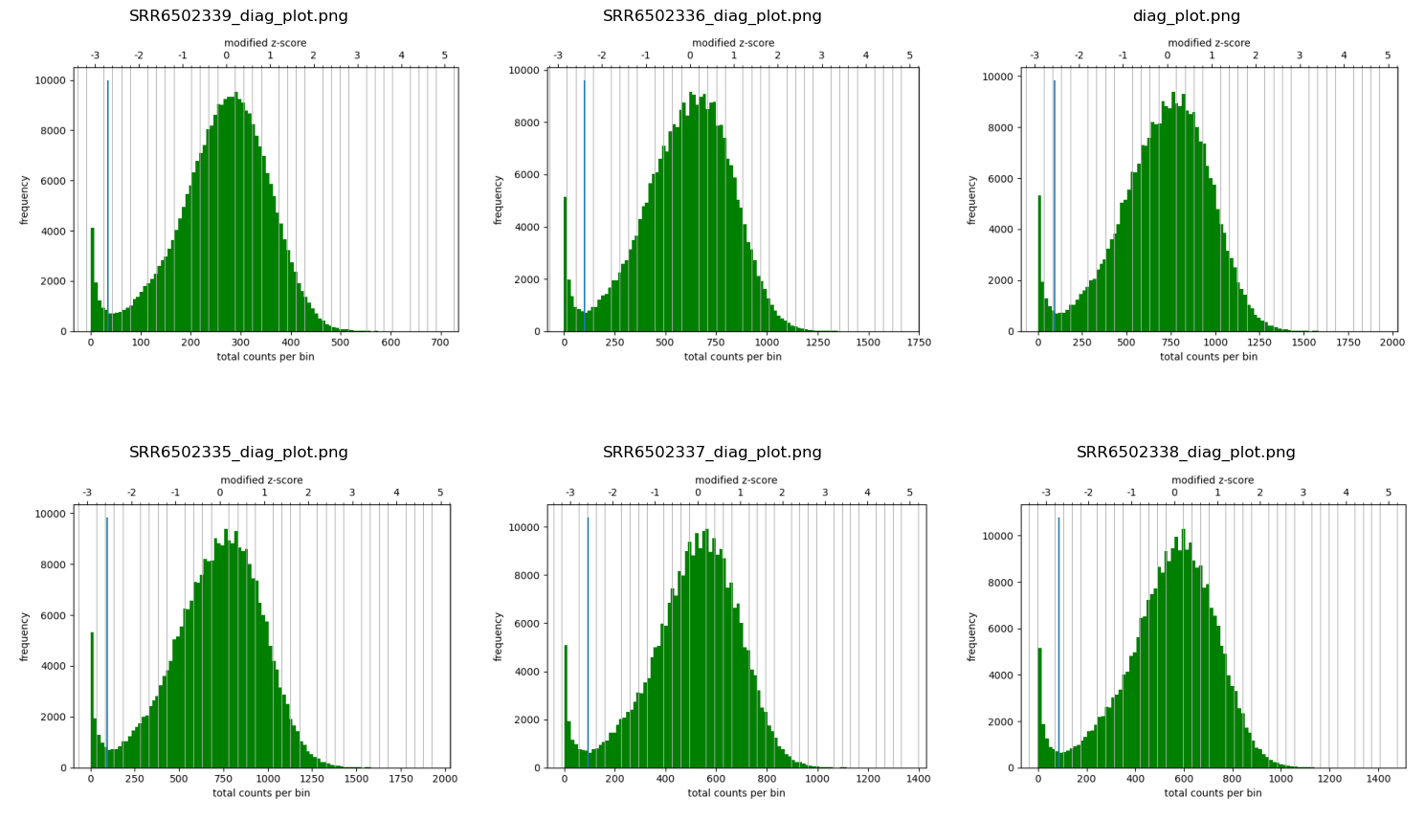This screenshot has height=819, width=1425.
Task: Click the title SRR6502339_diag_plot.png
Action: [x=238, y=16]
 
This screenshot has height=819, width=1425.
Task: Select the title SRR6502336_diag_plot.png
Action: [x=712, y=16]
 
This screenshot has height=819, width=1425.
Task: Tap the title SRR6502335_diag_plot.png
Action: [x=238, y=453]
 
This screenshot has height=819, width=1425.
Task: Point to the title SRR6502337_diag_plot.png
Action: [x=712, y=453]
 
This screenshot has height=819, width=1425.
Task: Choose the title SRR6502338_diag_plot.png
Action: [x=1186, y=453]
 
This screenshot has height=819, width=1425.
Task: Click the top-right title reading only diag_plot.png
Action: [x=1186, y=16]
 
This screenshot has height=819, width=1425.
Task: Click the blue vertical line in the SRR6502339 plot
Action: [x=108, y=191]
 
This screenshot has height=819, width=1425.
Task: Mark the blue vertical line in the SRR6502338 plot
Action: [x=1058, y=631]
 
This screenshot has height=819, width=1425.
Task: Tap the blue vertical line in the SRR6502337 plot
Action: [x=588, y=631]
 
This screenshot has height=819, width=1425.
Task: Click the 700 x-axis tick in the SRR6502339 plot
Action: [x=440, y=343]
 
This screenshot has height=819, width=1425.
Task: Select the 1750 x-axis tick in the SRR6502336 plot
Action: [x=918, y=343]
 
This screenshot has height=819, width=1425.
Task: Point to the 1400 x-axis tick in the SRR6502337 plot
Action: [x=918, y=779]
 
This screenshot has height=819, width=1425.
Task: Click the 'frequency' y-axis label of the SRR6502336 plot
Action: [x=499, y=200]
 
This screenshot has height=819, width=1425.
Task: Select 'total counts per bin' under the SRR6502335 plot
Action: [x=261, y=793]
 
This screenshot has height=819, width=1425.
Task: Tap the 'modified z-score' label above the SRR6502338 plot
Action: [x=1213, y=480]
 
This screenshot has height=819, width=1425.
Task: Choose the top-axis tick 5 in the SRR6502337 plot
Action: [x=910, y=493]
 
